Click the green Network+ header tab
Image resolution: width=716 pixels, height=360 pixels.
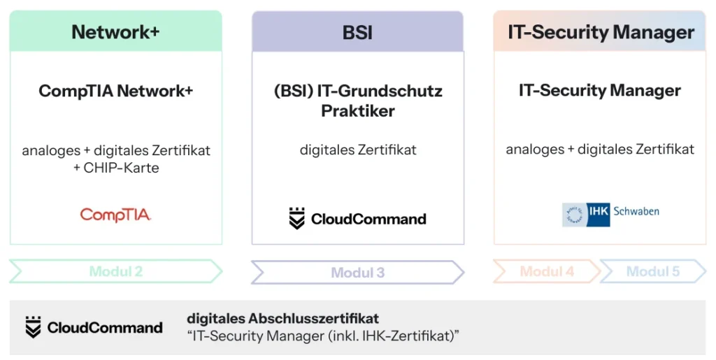[x=115, y=32]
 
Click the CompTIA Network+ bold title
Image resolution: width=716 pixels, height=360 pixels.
[x=115, y=91]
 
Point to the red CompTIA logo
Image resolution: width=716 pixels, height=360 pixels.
[x=115, y=215]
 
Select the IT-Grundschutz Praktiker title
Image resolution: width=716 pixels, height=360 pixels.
[x=358, y=101]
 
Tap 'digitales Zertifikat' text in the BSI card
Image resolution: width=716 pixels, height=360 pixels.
[x=358, y=150]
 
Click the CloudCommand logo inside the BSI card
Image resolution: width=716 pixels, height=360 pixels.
[x=357, y=219]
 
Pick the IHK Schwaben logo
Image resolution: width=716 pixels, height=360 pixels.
[x=610, y=213]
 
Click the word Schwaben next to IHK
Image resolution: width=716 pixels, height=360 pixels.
[x=636, y=211]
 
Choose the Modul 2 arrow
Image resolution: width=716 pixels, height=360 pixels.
[x=115, y=271]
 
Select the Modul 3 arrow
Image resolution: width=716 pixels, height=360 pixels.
[x=357, y=272]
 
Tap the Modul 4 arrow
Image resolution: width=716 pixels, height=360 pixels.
[x=546, y=271]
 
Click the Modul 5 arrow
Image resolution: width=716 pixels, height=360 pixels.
[x=652, y=271]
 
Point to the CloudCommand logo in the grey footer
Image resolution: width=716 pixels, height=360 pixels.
[x=94, y=327]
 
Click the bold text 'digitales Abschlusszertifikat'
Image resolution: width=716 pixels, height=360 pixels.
[x=282, y=319]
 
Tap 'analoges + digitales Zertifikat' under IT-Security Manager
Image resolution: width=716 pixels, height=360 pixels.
[x=600, y=149]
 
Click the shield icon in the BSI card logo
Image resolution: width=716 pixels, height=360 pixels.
[x=297, y=219]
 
